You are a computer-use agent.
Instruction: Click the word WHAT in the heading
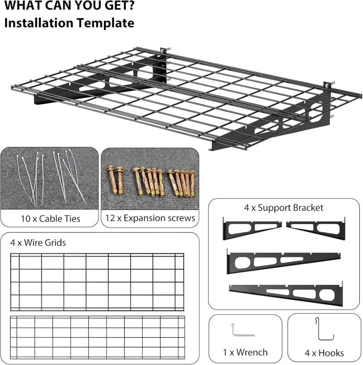tap(23, 5)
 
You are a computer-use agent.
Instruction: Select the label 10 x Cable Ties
tap(50, 219)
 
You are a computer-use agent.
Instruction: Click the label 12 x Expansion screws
tap(150, 218)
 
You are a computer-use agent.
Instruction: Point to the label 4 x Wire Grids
tap(38, 243)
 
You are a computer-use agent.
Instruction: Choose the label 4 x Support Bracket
tap(284, 208)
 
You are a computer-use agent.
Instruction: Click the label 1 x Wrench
tap(245, 352)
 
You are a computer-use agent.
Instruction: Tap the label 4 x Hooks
tap(324, 353)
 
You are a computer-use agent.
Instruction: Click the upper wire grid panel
tap(97, 282)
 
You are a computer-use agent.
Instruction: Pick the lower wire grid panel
tap(98, 337)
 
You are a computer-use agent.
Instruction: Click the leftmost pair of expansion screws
tap(115, 180)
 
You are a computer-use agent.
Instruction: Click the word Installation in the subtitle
tap(39, 23)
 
